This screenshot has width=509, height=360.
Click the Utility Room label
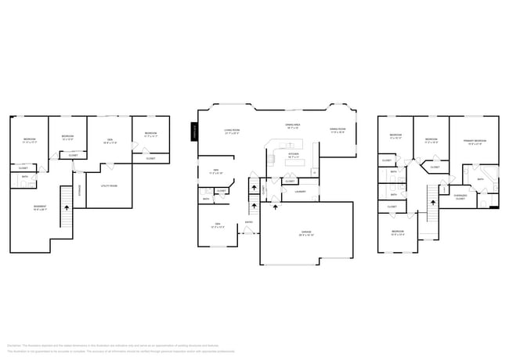(x=109, y=185)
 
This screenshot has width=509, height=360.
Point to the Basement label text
(x=39, y=208)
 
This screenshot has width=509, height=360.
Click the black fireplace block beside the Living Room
(x=193, y=134)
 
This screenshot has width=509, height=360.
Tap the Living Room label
(x=231, y=131)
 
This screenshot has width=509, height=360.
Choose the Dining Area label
(x=294, y=125)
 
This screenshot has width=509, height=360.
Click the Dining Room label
(x=338, y=131)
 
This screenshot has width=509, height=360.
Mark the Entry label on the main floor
(x=249, y=222)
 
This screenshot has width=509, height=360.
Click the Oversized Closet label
(x=460, y=197)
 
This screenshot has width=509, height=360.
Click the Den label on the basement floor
(x=109, y=142)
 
